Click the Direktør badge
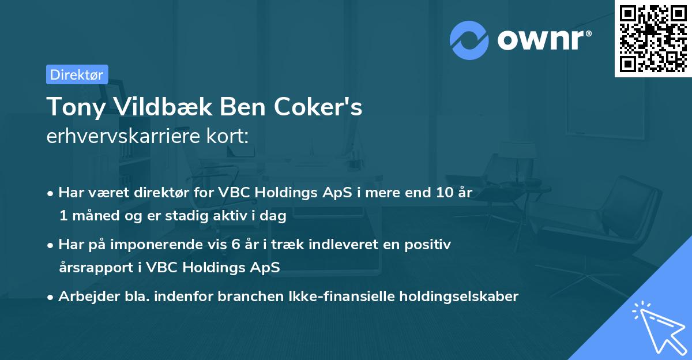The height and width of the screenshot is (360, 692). (77, 74)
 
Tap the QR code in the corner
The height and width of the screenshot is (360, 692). (653, 38)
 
